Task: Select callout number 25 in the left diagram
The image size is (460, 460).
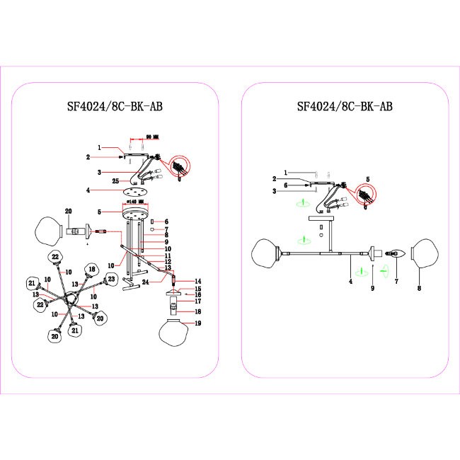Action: coord(115,182)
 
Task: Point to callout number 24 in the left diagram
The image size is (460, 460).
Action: coord(144,281)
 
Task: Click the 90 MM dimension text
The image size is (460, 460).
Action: coord(149,135)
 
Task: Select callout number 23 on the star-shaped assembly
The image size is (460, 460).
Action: coord(111,281)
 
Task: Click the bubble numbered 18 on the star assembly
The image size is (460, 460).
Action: coord(91,268)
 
